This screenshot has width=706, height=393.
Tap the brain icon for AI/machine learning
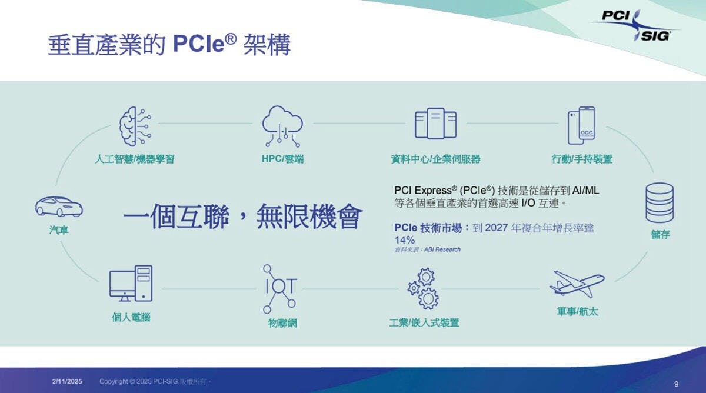click(x=135, y=126)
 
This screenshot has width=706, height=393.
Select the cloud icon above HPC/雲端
click(x=282, y=126)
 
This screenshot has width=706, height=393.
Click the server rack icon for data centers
click(x=435, y=123)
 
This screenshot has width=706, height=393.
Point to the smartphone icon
click(x=581, y=125)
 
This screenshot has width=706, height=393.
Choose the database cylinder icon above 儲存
click(x=660, y=203)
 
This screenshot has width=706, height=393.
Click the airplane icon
click(x=577, y=284)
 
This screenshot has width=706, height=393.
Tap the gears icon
click(x=423, y=288)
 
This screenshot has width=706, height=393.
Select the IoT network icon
click(x=280, y=289)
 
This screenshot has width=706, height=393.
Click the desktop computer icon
click(x=131, y=284)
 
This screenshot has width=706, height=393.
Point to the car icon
click(x=59, y=207)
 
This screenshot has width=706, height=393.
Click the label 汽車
click(x=59, y=230)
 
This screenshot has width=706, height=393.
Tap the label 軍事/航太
click(x=577, y=311)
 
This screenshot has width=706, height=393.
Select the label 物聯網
click(x=282, y=323)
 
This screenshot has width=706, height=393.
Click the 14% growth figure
click(x=405, y=240)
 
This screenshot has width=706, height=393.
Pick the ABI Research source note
click(x=427, y=249)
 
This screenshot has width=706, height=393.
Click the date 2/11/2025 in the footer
click(x=67, y=381)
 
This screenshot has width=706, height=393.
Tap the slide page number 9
click(x=677, y=384)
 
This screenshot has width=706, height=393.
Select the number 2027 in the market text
click(x=497, y=228)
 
